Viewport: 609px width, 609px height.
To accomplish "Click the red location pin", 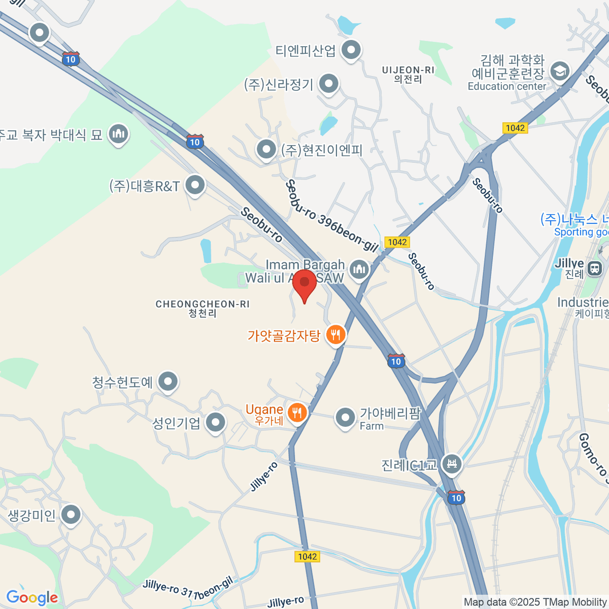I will tap(304, 284).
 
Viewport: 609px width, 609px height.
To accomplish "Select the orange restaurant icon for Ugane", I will tap(297, 413).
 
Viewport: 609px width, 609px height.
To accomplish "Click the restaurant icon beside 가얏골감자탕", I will tap(335, 334).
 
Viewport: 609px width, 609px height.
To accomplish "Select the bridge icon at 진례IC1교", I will tap(451, 463).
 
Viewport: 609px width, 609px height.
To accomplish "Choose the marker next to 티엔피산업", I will tap(351, 50).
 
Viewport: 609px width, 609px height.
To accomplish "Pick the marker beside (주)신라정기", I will tap(329, 84).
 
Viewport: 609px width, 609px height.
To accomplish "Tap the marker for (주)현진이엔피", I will tap(266, 150).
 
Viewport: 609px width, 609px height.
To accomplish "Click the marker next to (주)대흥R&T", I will tap(195, 185).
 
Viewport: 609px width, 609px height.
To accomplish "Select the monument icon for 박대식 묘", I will tap(118, 134).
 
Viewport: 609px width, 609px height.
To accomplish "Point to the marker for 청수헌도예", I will tap(167, 382).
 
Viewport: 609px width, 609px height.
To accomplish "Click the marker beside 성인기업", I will tap(216, 422).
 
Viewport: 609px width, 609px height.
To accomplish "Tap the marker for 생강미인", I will tap(71, 515).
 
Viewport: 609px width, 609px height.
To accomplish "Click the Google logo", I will tap(32, 598).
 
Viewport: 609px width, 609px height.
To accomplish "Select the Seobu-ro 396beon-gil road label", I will tap(332, 216).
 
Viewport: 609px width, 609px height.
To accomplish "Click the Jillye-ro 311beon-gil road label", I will tap(187, 589).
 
